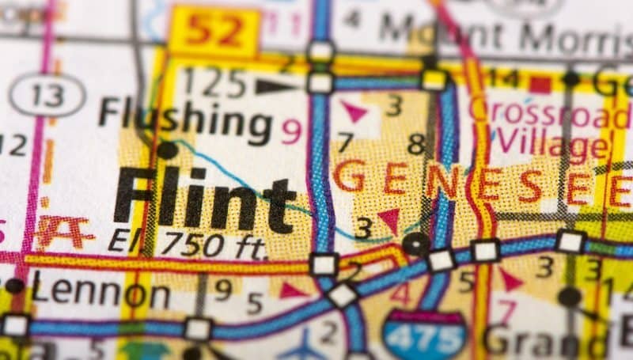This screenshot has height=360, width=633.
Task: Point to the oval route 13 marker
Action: click(x=47, y=95)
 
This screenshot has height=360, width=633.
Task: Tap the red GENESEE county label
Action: click(x=475, y=178)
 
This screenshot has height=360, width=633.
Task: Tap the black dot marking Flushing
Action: click(x=168, y=149)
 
